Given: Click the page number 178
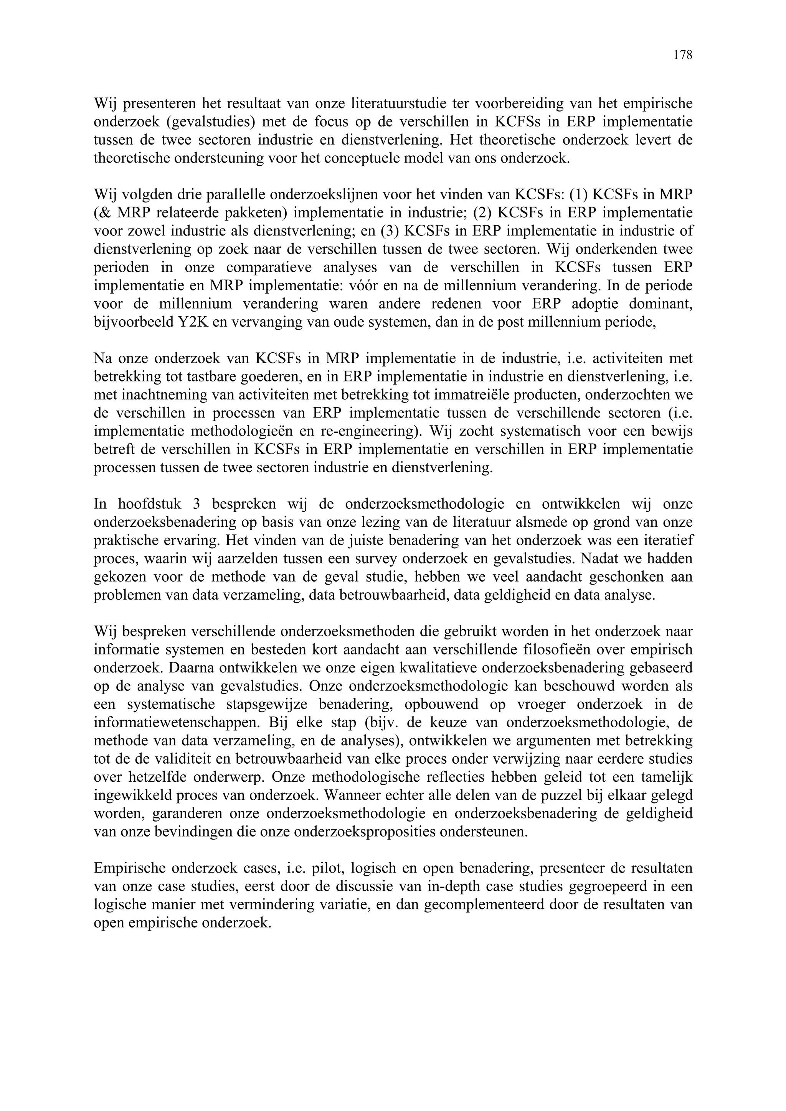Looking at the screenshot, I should click(683, 55).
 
